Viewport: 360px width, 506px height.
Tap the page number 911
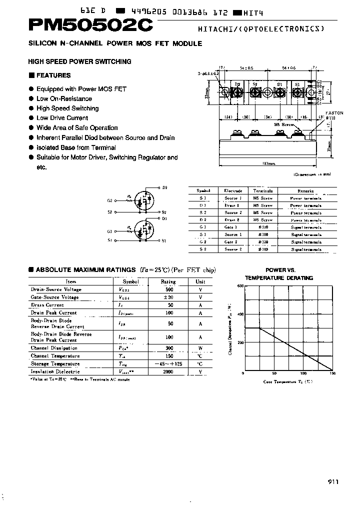(x=333, y=481)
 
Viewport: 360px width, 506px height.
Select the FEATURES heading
(x=53, y=75)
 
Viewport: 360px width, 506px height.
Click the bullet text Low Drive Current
(x=62, y=118)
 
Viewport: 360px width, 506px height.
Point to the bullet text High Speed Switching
(x=67, y=108)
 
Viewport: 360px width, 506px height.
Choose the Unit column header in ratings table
(x=200, y=281)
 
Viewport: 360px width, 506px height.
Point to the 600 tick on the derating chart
(x=240, y=286)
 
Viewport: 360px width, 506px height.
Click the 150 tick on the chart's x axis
(x=332, y=373)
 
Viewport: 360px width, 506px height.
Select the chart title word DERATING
(x=300, y=278)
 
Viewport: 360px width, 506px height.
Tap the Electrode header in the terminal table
(x=233, y=191)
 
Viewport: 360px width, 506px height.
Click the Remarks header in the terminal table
(x=305, y=191)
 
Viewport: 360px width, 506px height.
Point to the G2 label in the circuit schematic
(x=109, y=200)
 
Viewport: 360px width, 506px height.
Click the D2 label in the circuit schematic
(x=164, y=187)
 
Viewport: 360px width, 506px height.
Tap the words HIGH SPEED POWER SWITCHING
(x=80, y=61)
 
